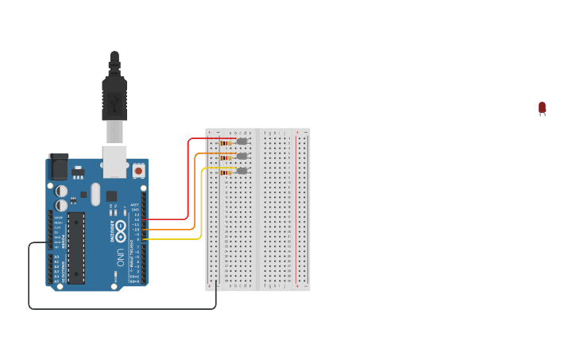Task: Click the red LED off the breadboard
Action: (x=542, y=107)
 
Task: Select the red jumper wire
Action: (x=187, y=183)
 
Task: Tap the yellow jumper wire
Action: (x=201, y=207)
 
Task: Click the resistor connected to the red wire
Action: (x=226, y=142)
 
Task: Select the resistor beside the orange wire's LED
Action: (x=226, y=157)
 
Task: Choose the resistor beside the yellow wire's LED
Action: (x=226, y=171)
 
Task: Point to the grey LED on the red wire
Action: (x=242, y=141)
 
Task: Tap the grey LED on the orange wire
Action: (x=242, y=156)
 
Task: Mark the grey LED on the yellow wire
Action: (x=242, y=170)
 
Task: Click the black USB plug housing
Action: (x=114, y=99)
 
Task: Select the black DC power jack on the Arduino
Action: (x=58, y=168)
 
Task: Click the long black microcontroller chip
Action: (x=76, y=247)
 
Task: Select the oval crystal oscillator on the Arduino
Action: (x=95, y=194)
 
